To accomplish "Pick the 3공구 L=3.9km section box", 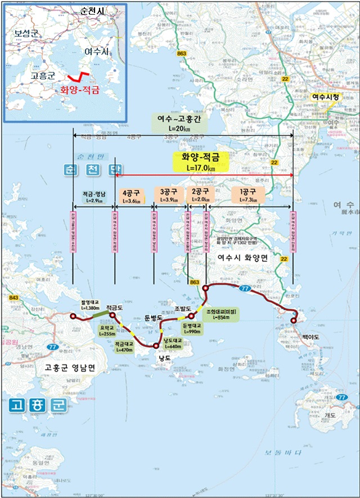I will (x=169, y=196).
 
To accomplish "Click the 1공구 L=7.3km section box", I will (x=248, y=196).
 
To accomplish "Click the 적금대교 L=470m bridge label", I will (x=124, y=346).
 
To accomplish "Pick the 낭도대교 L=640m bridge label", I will (x=173, y=343).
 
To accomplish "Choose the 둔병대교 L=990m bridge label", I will (x=192, y=328).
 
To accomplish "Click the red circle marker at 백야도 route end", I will (x=294, y=321).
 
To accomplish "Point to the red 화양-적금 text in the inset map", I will (x=78, y=90).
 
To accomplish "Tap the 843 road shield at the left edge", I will (x=13, y=298).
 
